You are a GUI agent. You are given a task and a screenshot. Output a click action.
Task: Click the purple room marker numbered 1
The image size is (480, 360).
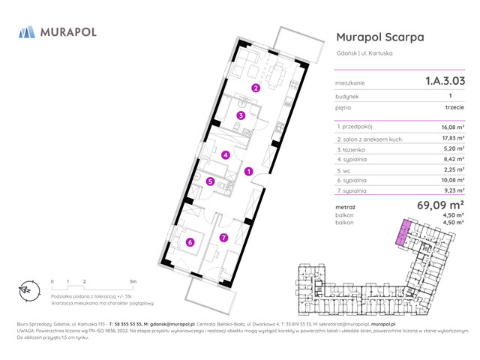[248, 171]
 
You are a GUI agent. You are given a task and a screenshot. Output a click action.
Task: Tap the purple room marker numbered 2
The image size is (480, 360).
[256, 88]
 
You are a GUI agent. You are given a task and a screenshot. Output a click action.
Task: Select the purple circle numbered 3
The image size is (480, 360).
[240, 115]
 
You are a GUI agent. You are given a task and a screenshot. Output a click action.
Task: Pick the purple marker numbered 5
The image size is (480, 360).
[211, 181]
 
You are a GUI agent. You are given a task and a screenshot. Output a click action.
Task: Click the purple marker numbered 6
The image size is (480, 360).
[190, 241]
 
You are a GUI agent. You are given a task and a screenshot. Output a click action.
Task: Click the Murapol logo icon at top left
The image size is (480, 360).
[27, 32]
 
